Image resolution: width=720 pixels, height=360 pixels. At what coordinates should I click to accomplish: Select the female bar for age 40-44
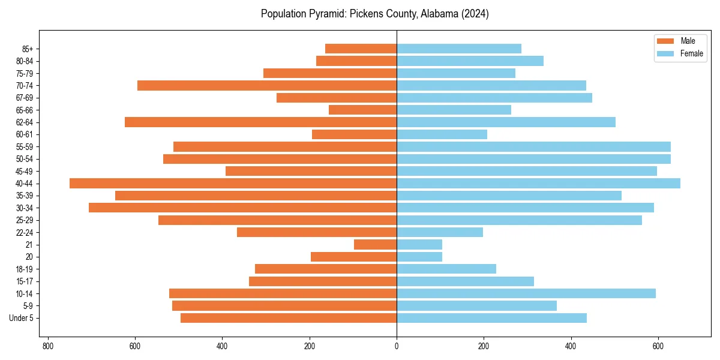(x=538, y=184)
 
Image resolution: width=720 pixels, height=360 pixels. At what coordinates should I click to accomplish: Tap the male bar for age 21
(x=375, y=245)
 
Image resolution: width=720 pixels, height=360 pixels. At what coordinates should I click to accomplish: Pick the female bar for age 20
(x=419, y=257)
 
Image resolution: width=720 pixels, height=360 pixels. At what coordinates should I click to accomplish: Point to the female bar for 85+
(x=459, y=49)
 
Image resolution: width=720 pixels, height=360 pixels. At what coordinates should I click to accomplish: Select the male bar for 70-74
(x=267, y=86)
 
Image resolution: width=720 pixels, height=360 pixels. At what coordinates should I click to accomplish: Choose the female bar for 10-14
(x=526, y=293)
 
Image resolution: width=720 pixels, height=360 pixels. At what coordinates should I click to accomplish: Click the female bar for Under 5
(x=491, y=318)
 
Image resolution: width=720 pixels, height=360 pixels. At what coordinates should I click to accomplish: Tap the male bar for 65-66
(x=362, y=110)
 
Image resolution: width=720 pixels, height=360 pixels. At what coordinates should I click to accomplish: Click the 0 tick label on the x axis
(x=397, y=346)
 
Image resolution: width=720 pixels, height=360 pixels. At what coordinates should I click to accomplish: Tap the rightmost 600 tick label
(x=658, y=346)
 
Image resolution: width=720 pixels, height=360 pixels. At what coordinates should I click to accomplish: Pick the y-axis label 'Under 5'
(x=22, y=318)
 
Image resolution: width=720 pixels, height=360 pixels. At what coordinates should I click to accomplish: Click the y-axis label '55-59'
(x=25, y=147)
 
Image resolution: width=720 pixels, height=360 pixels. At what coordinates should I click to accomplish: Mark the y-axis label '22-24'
(x=25, y=233)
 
